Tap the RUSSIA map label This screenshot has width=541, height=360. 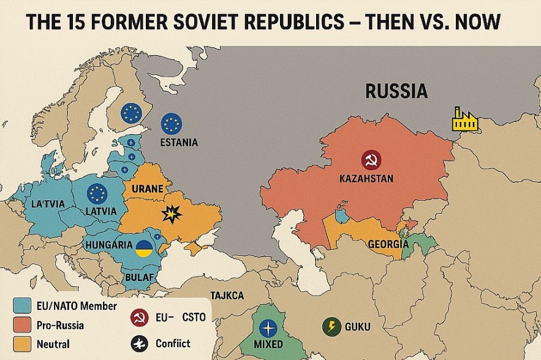(396, 92)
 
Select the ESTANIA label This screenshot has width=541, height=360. (178, 143)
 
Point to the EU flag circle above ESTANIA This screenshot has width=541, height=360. (172, 124)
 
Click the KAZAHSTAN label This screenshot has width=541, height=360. (366, 179)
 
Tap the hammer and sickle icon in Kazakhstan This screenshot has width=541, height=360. (371, 160)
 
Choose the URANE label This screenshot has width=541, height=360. (147, 190)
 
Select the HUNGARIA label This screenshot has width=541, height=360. (111, 244)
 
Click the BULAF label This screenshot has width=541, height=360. (139, 276)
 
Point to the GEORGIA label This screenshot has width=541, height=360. (388, 244)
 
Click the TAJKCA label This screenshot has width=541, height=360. (227, 296)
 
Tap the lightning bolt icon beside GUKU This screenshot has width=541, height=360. (331, 326)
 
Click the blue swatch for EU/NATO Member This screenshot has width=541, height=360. (22, 304)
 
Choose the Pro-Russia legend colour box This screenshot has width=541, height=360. (22, 324)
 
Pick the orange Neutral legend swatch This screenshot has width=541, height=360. (22, 344)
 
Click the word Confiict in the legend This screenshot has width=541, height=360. (173, 343)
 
